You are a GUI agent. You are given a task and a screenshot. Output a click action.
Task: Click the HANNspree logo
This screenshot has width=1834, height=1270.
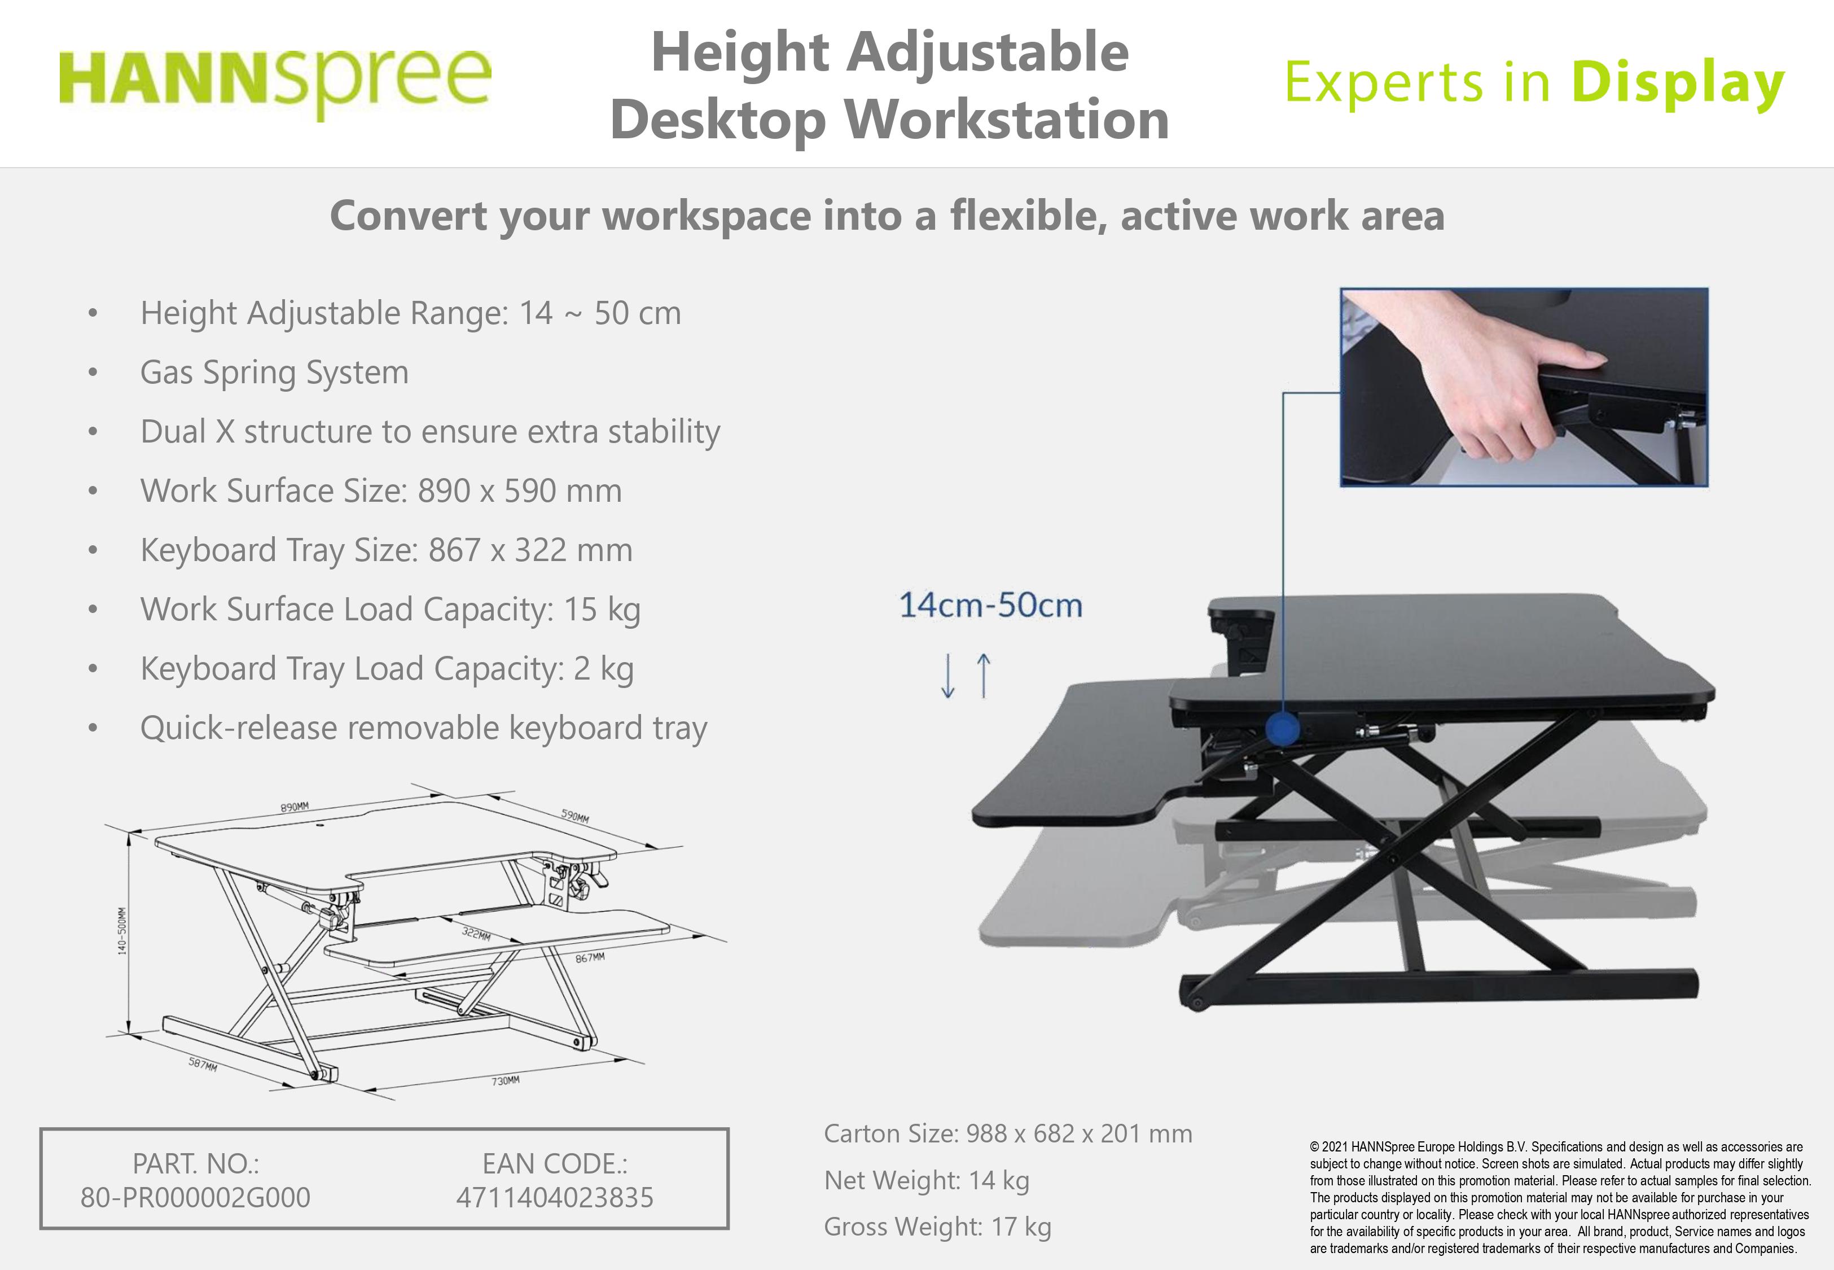pyautogui.click(x=275, y=82)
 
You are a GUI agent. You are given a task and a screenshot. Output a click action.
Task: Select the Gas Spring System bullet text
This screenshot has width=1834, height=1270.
pyautogui.click(x=274, y=373)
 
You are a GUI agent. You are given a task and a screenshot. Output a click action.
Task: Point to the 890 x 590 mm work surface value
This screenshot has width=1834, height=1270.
pyautogui.click(x=519, y=491)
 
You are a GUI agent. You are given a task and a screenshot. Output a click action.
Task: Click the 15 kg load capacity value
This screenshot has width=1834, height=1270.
pyautogui.click(x=602, y=610)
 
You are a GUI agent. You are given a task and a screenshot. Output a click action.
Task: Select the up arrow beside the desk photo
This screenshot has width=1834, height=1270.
pyautogui.click(x=984, y=675)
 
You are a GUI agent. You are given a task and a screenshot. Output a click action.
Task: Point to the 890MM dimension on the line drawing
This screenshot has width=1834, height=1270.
pyautogui.click(x=294, y=807)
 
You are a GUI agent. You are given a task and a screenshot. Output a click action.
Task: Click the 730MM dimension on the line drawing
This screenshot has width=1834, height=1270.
pyautogui.click(x=505, y=1080)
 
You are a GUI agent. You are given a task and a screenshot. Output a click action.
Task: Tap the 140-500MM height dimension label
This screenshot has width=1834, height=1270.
pyautogui.click(x=122, y=931)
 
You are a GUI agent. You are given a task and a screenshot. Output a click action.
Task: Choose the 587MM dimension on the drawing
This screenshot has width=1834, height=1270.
pyautogui.click(x=203, y=1064)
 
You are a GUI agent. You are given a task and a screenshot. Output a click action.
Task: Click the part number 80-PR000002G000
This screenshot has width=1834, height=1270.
pyautogui.click(x=196, y=1198)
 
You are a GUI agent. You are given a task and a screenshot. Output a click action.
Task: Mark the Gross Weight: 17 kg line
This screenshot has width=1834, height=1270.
pyautogui.click(x=938, y=1226)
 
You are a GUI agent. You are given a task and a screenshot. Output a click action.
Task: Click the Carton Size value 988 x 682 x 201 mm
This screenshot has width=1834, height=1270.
pyautogui.click(x=1080, y=1133)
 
